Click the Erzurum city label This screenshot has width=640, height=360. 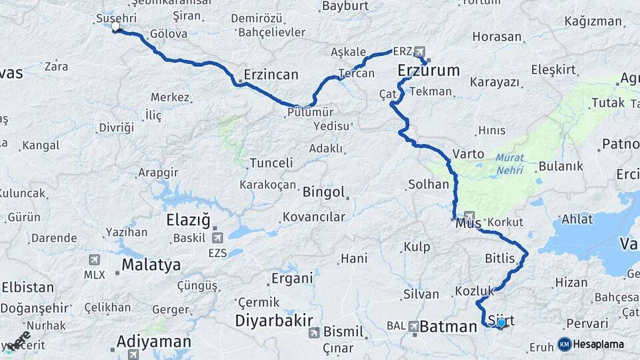[429, 70]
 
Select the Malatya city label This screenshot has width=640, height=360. [151, 265]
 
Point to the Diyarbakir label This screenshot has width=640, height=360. [274, 321]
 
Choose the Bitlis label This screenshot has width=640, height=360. [499, 258]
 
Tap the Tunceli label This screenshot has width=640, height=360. [271, 163]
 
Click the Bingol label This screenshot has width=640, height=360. [323, 193]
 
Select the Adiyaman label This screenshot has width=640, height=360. [153, 342]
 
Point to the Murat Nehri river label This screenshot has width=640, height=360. [509, 165]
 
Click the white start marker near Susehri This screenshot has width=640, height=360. [116, 27]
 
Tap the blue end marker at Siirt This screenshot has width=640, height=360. [501, 323]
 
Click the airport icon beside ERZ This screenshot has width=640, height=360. [419, 51]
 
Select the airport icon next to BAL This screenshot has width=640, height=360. [413, 327]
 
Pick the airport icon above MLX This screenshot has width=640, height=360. [94, 260]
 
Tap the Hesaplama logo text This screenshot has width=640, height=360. [598, 345]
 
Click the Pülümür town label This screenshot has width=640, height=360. [310, 112]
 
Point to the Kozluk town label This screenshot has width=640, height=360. [474, 291]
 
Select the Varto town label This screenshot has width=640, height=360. [468, 153]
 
